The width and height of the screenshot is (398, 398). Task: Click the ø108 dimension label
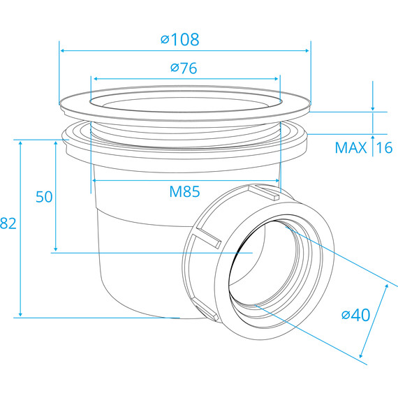(x=179, y=40)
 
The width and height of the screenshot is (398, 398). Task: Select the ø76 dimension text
(x=184, y=68)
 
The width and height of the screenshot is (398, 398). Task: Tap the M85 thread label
(x=184, y=191)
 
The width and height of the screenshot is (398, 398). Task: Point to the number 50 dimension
(x=44, y=197)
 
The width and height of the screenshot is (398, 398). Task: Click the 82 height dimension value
(x=8, y=223)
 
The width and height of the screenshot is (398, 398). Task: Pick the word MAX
(x=351, y=148)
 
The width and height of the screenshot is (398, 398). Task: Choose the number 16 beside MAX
(x=385, y=148)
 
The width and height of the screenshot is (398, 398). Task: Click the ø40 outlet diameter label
(x=356, y=315)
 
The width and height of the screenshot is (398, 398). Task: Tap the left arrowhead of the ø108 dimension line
(x=62, y=51)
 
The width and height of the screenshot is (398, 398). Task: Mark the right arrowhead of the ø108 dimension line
(x=307, y=51)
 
